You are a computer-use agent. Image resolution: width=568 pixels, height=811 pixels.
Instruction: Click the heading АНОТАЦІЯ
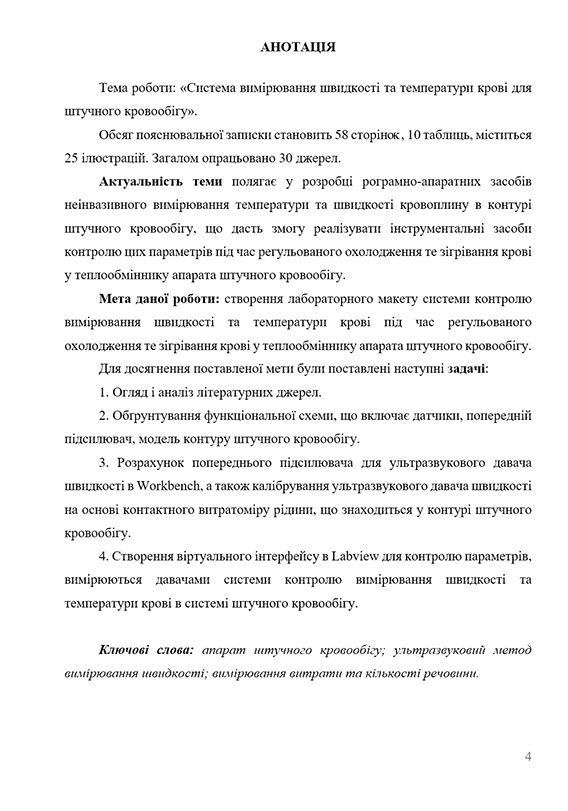tap(283, 46)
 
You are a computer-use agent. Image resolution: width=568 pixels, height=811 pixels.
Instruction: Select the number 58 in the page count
tap(331, 134)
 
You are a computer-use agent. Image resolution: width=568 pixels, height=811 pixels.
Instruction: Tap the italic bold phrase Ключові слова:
tap(146, 651)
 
